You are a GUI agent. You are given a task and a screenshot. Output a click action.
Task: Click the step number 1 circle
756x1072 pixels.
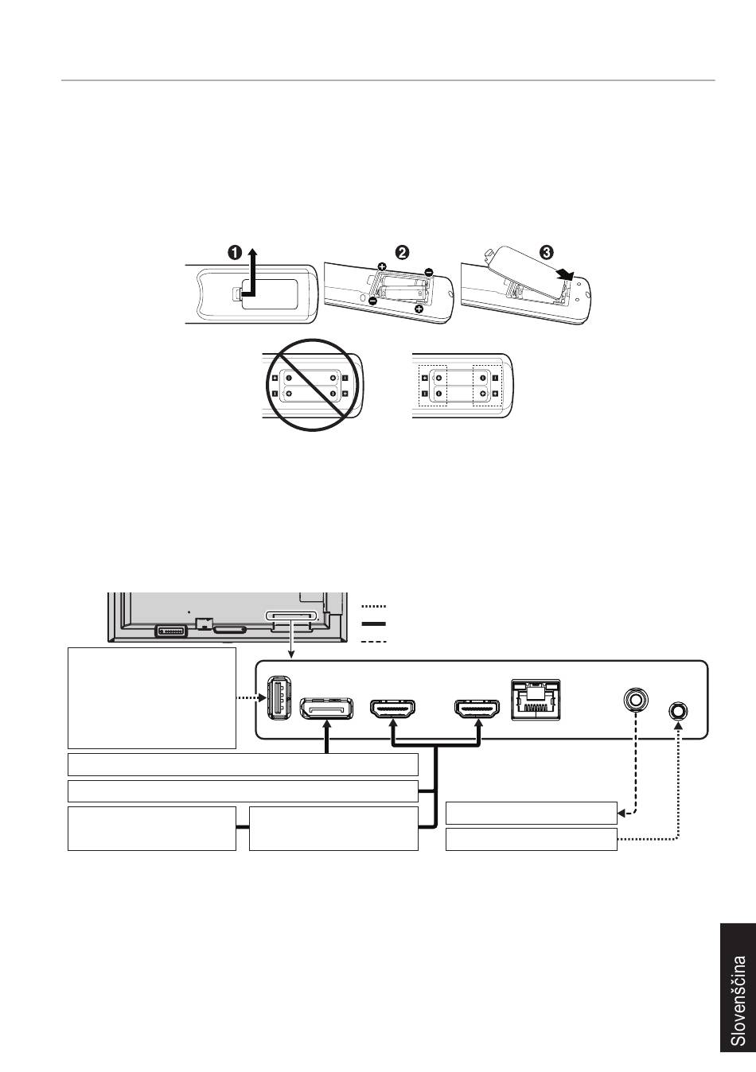[x=236, y=252]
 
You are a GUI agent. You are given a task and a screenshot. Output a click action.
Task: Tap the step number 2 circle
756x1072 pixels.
[x=403, y=252]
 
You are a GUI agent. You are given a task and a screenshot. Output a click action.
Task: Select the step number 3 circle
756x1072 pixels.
[x=547, y=252]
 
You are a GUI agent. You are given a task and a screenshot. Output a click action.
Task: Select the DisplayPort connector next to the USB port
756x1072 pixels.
[x=325, y=707]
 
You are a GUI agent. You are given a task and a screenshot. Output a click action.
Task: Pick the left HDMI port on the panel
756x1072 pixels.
[x=393, y=707]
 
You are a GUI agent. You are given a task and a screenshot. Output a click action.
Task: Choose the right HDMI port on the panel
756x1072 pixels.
[x=477, y=707]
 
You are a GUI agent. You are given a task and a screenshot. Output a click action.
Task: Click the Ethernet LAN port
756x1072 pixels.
[x=536, y=699]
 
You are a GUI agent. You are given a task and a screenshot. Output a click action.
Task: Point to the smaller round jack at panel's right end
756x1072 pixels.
[x=678, y=710]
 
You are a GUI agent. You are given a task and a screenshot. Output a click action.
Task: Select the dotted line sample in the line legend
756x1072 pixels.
[x=373, y=607]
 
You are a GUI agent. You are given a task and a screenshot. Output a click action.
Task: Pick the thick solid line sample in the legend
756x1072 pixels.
[x=373, y=624]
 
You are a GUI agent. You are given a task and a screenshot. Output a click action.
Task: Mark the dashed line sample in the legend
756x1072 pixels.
[x=373, y=641]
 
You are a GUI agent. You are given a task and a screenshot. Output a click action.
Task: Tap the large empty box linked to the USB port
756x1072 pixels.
[x=152, y=697]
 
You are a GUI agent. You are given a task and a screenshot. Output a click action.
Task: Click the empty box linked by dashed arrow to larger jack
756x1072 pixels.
[x=531, y=814]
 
